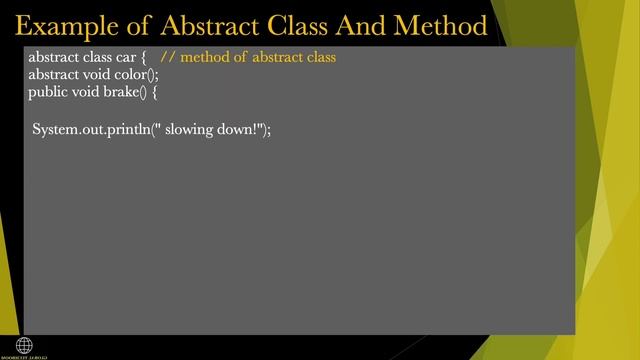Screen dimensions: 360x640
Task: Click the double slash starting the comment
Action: (x=168, y=57)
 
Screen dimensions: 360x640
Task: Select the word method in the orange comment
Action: (x=205, y=57)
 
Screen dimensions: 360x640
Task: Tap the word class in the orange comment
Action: (x=317, y=57)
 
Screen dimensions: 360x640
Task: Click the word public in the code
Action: (x=47, y=93)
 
